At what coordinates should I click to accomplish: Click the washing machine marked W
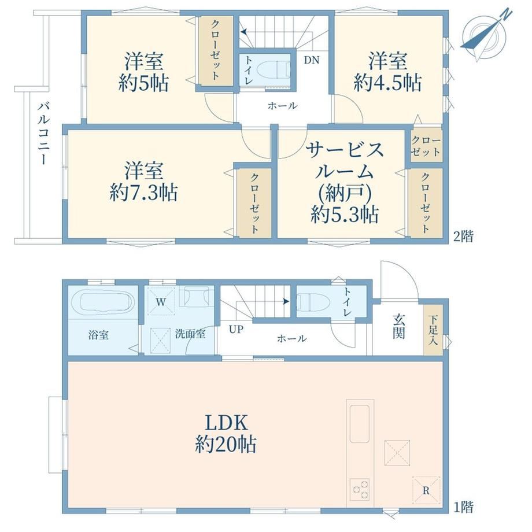pos(161,301)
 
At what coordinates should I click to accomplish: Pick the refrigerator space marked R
pos(426,490)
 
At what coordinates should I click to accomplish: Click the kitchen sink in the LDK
pos(359,424)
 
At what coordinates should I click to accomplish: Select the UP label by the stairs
pos(236,329)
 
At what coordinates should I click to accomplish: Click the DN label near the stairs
pos(312,60)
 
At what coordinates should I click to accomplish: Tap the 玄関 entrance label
pos(399,326)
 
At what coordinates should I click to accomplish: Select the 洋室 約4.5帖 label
pos(388,72)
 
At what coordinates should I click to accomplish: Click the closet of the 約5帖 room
pos(216,50)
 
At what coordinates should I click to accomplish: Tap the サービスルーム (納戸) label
pos(345,183)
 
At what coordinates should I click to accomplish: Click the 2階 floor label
pos(463,237)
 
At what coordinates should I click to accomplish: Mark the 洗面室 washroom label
pos(190,334)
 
